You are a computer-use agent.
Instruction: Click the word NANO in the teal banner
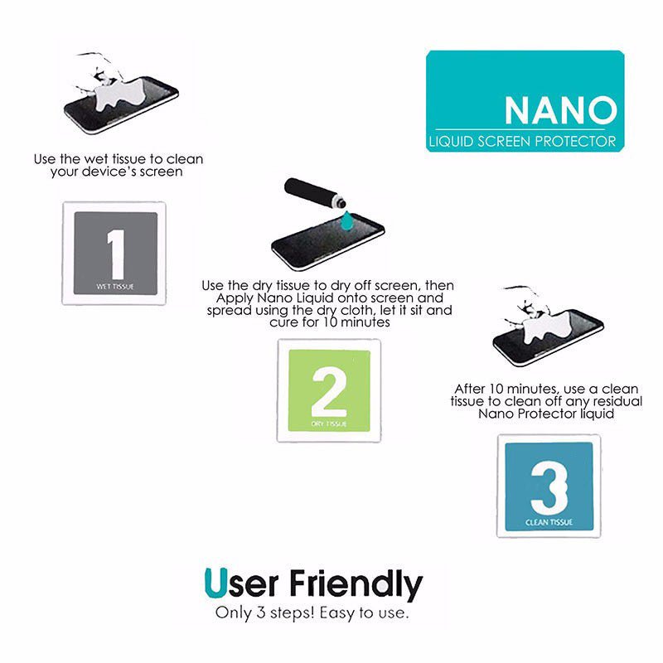[x=561, y=109]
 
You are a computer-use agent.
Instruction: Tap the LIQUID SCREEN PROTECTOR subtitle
[x=523, y=142]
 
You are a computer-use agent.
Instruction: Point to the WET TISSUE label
[x=115, y=287]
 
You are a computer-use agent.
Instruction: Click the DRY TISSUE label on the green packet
[x=329, y=423]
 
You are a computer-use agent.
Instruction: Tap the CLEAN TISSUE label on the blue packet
[x=549, y=523]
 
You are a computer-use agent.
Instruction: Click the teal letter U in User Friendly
[x=214, y=584]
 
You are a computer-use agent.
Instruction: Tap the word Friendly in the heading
[x=356, y=586]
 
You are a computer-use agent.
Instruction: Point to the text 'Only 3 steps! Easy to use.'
[x=312, y=614]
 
